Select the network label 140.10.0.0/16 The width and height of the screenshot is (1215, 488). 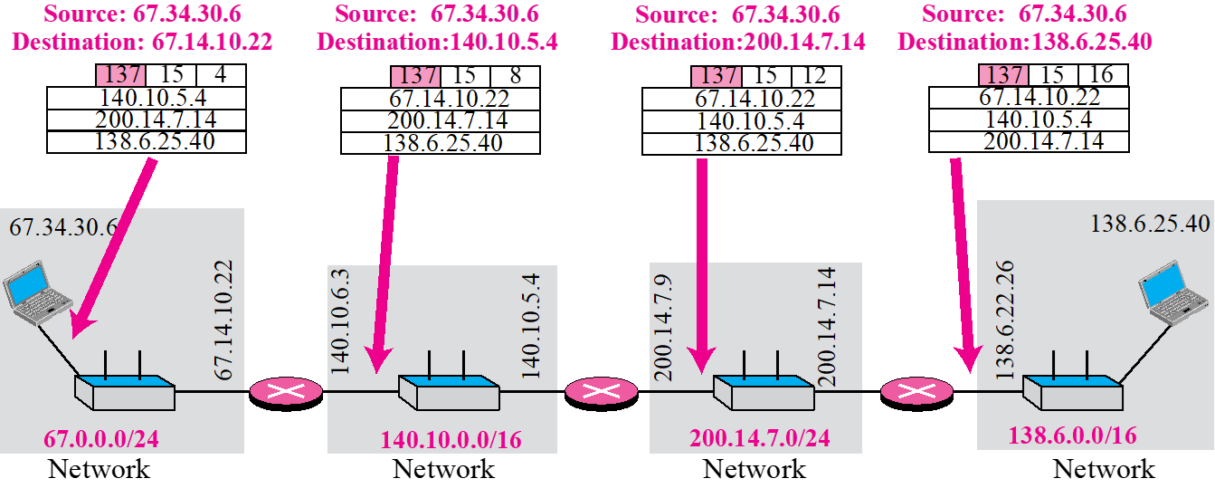click(x=451, y=440)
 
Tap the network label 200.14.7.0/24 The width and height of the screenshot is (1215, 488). click(x=760, y=439)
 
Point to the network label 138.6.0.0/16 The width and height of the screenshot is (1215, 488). click(x=1072, y=435)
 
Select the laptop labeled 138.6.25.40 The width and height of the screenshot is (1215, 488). click(x=1174, y=290)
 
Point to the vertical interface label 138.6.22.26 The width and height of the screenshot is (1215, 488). click(x=1005, y=320)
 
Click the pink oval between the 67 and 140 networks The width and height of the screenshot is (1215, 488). click(x=286, y=391)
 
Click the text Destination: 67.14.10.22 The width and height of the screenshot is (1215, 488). click(x=143, y=42)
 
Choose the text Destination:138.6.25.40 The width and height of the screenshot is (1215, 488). click(x=1024, y=42)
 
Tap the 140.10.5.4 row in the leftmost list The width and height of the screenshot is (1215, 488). click(x=146, y=98)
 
